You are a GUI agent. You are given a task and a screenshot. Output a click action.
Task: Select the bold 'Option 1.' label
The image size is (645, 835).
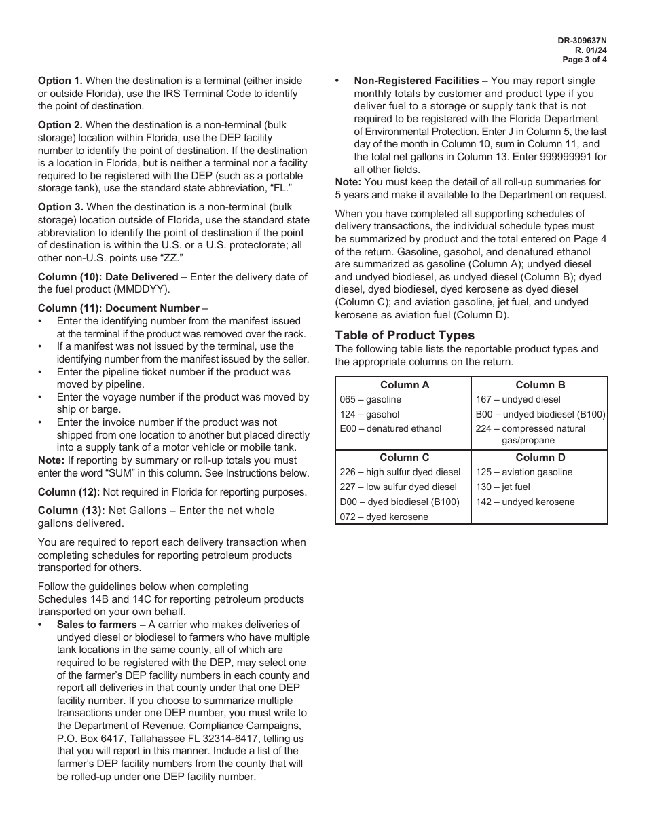tap(60, 81)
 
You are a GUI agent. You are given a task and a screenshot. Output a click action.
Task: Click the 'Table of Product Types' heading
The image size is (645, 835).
tap(405, 335)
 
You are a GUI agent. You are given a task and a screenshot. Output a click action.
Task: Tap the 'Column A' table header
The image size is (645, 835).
tap(404, 385)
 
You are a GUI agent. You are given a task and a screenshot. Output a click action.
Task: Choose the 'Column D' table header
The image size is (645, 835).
tap(540, 458)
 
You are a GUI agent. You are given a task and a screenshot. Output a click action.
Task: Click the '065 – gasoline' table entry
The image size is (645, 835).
tap(371, 400)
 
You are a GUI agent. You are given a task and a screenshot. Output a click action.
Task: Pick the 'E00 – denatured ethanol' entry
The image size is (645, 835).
tap(390, 428)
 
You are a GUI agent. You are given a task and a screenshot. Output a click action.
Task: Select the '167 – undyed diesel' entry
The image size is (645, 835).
tap(518, 400)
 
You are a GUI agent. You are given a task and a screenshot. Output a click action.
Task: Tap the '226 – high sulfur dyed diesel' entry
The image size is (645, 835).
tap(400, 472)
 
